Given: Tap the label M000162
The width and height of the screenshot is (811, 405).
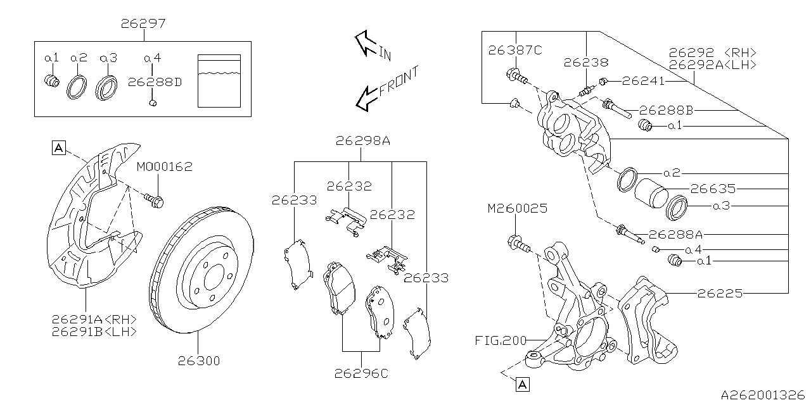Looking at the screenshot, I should point(164,167).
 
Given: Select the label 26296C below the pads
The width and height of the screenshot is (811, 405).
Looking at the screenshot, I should point(361,373).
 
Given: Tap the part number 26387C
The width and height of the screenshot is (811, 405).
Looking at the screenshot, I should point(515,51).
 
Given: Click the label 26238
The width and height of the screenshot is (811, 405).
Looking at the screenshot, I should point(585,63).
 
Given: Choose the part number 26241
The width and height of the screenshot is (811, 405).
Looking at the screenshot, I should point(643,81).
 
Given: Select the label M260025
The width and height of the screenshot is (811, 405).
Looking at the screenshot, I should point(517,208).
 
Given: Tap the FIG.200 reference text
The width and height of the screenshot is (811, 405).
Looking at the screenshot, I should point(501,340).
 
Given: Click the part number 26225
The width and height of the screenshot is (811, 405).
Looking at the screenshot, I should point(720,293).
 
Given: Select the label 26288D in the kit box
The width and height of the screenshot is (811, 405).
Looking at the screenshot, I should point(155,82).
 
